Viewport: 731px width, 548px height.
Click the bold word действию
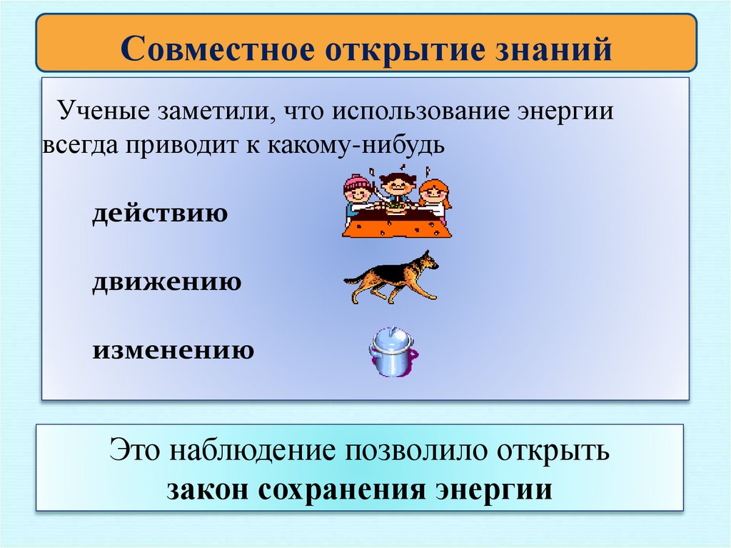pos(160,214)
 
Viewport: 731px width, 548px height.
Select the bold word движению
pos(166,282)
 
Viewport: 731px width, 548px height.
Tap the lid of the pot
pos(390,337)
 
